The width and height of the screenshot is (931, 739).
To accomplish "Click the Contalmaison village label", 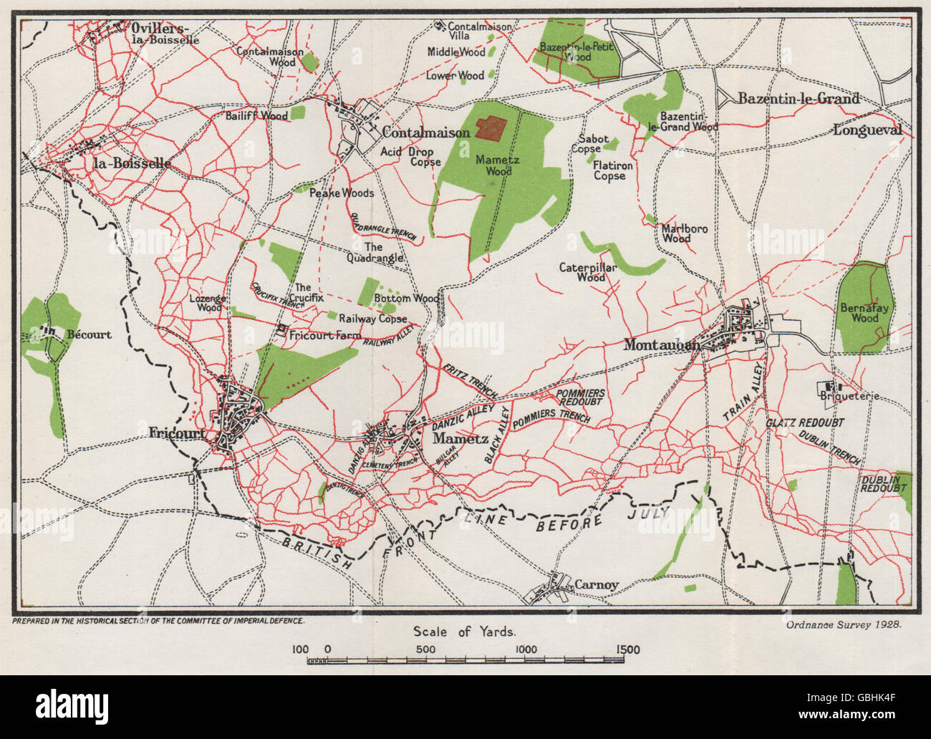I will coord(426,132).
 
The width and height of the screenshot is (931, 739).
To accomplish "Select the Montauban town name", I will coord(662,344).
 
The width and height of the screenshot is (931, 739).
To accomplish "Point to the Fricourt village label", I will coord(178,433).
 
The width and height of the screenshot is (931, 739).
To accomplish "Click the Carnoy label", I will coord(597,585).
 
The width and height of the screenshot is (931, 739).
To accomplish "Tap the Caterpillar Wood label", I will coord(582,272).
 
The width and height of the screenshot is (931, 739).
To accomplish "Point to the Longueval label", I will coord(867,130).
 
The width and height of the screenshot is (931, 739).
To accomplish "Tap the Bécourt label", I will coord(89,334).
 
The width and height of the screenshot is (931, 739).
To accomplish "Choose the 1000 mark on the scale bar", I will coord(526,649).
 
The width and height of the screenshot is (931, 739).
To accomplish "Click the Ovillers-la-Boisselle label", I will coord(165,33).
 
